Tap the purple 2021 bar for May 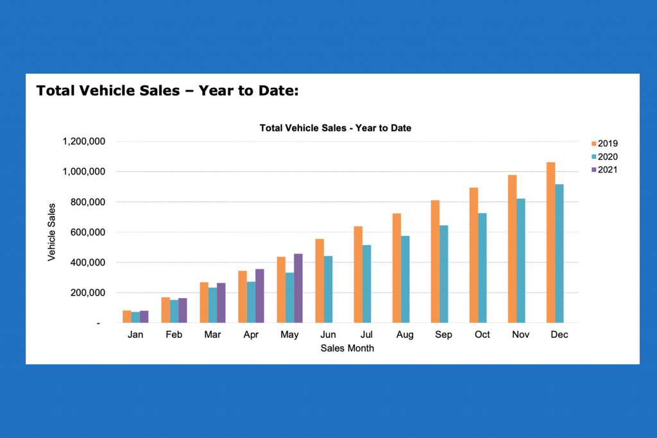pos(298,288)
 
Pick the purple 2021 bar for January pos(144,317)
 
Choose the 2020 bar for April pos(251,302)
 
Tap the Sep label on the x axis pos(443,335)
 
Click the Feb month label pos(174,335)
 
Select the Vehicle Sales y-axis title pos(51,232)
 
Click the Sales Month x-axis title pos(346,348)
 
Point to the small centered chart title pos(335,128)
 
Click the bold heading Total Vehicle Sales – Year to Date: pos(167,90)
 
